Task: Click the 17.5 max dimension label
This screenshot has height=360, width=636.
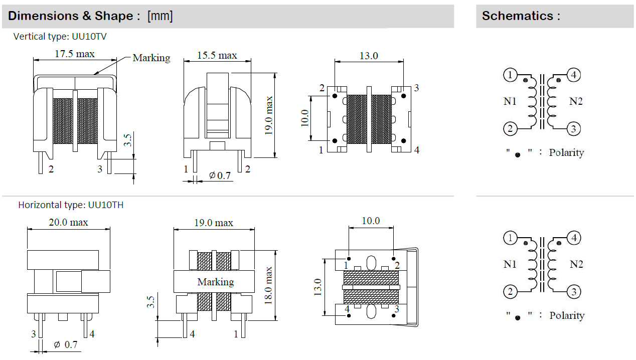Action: point(74,54)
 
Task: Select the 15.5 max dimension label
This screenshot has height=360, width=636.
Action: point(217,55)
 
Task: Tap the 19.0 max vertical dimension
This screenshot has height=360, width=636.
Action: point(269,115)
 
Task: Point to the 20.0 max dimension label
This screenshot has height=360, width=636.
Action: point(68,222)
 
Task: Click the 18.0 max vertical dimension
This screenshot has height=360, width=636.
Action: point(269,285)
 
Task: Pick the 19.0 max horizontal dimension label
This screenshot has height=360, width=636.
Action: point(214,223)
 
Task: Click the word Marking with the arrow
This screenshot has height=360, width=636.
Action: point(151,58)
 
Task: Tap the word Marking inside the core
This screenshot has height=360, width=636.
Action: point(216,282)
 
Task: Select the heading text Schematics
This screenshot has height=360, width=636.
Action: point(521,16)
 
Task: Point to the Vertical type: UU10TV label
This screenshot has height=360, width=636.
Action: point(60,37)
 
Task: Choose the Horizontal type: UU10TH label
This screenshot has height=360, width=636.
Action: point(71,205)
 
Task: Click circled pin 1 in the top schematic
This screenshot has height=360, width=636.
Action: point(510,76)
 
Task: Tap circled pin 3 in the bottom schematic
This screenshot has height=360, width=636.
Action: point(574,292)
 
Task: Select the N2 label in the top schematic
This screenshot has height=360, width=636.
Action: point(576,101)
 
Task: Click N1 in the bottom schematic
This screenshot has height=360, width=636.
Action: point(510,264)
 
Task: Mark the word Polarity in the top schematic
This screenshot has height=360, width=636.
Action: point(566,152)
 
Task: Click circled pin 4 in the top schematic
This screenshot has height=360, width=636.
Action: point(574,75)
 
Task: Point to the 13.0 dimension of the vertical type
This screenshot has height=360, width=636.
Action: point(369,56)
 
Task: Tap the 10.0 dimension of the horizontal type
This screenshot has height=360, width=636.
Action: point(371,221)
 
